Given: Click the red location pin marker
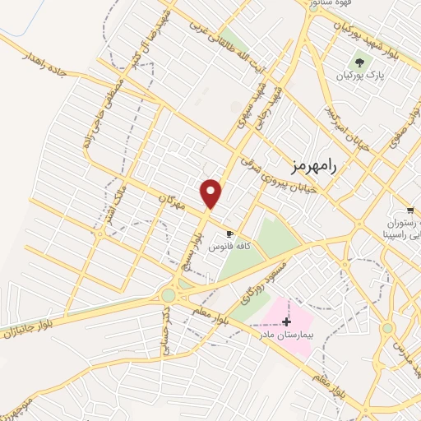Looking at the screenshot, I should click(x=211, y=193).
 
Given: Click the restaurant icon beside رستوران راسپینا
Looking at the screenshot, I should click(x=409, y=210).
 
